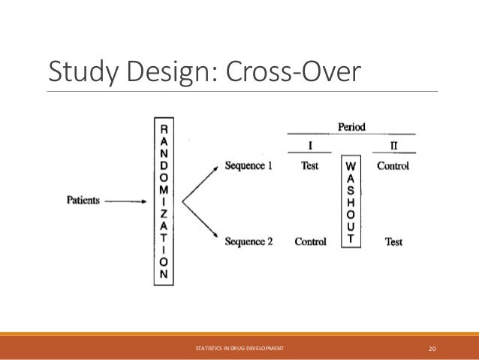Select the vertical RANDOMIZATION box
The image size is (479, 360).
[x=164, y=201]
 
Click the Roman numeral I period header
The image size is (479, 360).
[x=309, y=144]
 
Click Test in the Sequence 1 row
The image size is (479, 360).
[x=309, y=166]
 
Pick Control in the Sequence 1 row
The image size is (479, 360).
[x=393, y=166]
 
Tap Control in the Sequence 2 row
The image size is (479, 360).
[x=309, y=241]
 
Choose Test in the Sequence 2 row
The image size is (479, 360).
[x=393, y=241]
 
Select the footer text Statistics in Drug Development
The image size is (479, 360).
[x=239, y=348]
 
